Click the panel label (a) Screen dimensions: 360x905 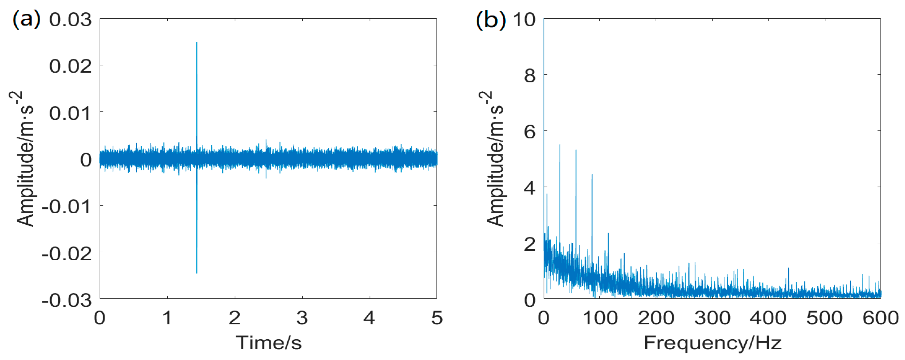coord(27,19)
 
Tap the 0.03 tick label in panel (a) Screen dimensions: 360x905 coord(70,19)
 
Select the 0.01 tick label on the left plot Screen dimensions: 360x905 coord(70,113)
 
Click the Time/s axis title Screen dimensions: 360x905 coord(268,342)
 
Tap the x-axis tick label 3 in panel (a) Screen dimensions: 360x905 coord(302,318)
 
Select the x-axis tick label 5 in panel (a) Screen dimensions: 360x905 coord(437,318)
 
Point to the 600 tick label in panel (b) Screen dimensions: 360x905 coord(880,318)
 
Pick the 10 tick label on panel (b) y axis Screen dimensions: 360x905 coord(524,19)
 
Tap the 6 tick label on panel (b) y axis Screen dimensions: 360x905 coord(529,132)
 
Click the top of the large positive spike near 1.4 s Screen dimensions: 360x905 coord(197,43)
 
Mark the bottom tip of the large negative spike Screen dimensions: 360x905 coord(197,273)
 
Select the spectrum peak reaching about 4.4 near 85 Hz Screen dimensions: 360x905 coord(592,175)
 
